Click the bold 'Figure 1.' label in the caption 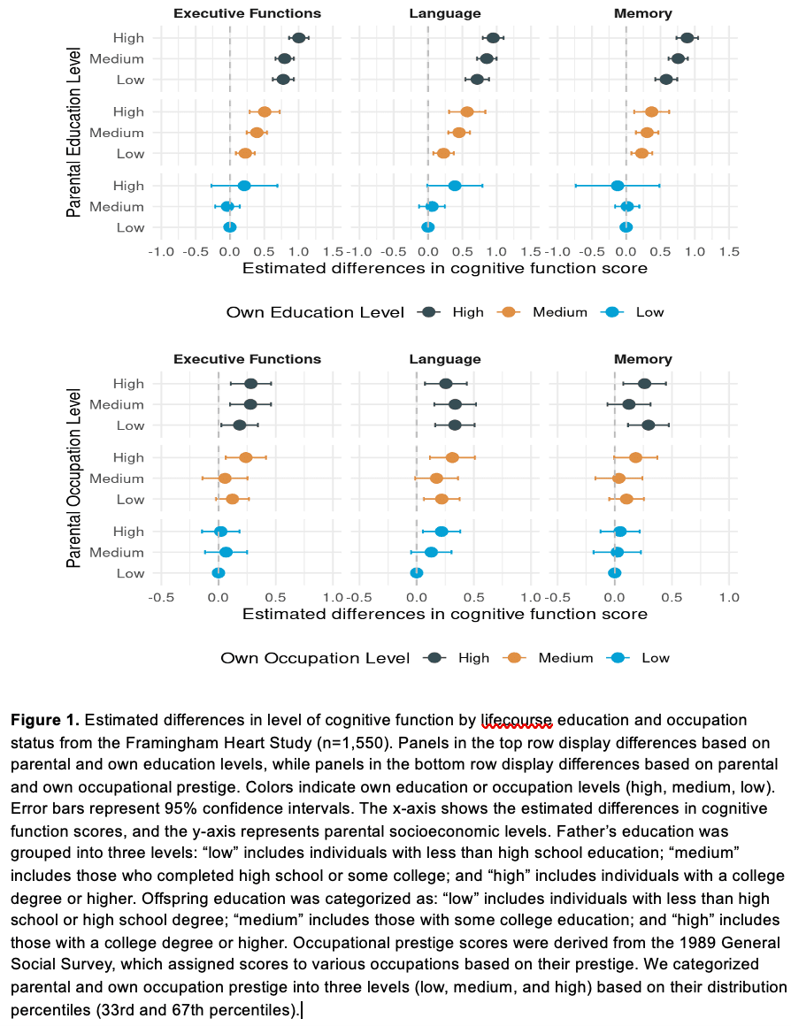pyautogui.click(x=44, y=721)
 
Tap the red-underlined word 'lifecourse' pyautogui.click(x=517, y=721)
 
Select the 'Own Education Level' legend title pyautogui.click(x=315, y=313)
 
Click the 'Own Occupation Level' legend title pyautogui.click(x=315, y=658)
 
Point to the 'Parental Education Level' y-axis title pyautogui.click(x=74, y=132)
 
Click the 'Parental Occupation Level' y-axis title pyautogui.click(x=74, y=479)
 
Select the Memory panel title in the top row pyautogui.click(x=643, y=14)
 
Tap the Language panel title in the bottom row pyautogui.click(x=445, y=359)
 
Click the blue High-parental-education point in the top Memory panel pyautogui.click(x=618, y=186)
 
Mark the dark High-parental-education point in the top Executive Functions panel pyautogui.click(x=298, y=38)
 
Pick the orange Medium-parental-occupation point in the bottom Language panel pyautogui.click(x=436, y=479)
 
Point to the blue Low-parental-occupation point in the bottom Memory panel pyautogui.click(x=614, y=573)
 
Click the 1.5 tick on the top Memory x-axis pyautogui.click(x=729, y=252)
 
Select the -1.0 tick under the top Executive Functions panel pyautogui.click(x=160, y=252)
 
